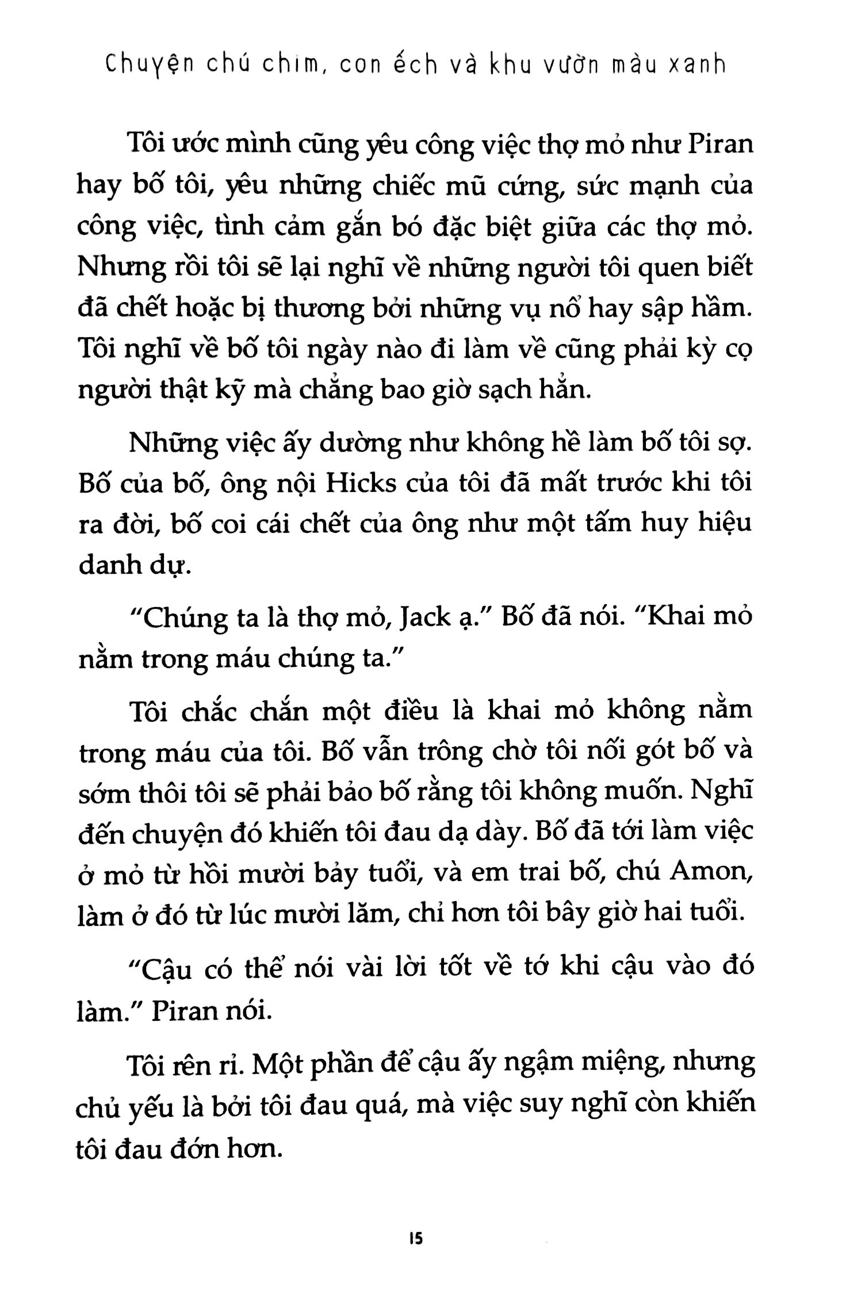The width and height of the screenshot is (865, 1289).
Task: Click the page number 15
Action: point(416,1236)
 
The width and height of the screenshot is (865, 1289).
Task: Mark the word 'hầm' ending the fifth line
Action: point(722,310)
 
